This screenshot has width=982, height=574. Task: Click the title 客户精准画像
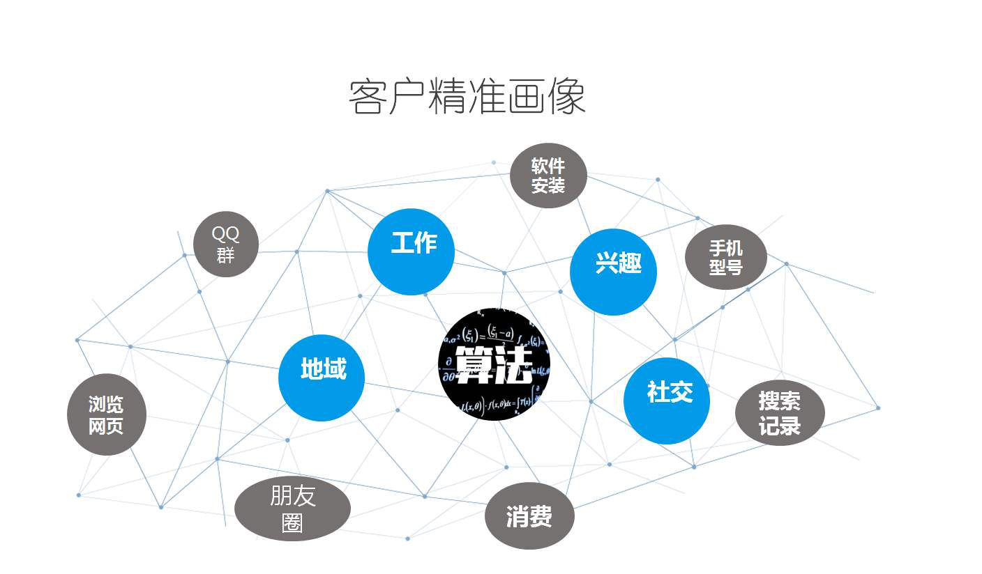(x=467, y=98)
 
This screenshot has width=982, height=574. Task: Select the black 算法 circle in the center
(x=494, y=364)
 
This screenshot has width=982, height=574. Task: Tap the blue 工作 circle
(x=411, y=251)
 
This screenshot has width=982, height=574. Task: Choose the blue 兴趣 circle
(x=613, y=272)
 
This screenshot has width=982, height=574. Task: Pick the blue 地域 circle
(x=322, y=378)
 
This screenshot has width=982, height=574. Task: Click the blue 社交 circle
(x=667, y=401)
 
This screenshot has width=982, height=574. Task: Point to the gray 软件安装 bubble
(x=548, y=176)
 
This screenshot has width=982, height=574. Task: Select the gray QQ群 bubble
(x=225, y=244)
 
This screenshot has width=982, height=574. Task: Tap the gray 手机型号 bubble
(x=726, y=257)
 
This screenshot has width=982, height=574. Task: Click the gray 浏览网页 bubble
(x=107, y=414)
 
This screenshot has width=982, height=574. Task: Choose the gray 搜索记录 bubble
(x=780, y=413)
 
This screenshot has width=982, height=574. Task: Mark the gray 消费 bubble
(x=529, y=516)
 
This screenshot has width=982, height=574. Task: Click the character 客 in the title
(x=368, y=98)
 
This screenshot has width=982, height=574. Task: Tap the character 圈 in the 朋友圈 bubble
(x=292, y=522)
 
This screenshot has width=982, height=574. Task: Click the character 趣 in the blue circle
(x=628, y=265)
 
